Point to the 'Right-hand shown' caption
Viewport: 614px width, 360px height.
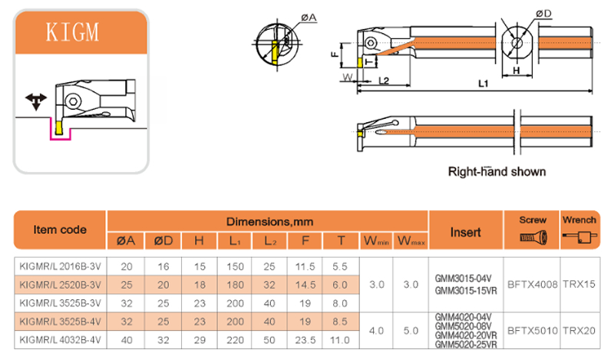497,172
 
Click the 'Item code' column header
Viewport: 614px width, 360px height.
60,230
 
